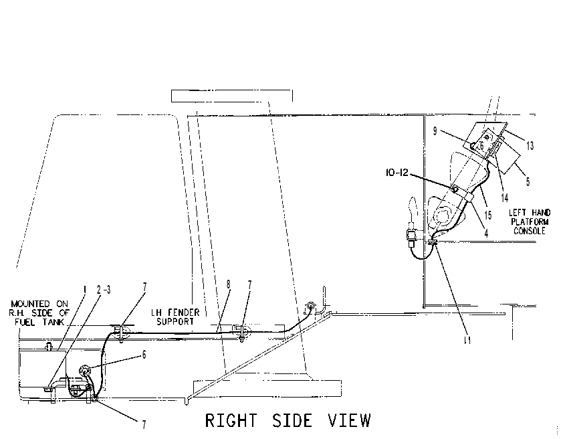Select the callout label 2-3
pos(104,290)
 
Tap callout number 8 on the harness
pos(229,284)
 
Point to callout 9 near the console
pos(435,131)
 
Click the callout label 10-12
pos(397,173)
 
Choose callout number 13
pos(530,146)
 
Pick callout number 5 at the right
pos(528,182)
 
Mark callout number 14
pos(504,197)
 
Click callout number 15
pos(487,215)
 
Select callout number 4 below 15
pos(486,233)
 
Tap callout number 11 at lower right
pos(467,340)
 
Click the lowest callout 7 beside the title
pos(144,425)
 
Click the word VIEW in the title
pos(349,421)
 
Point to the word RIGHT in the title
pos(231,421)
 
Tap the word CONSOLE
pos(530,231)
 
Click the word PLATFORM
pos(530,222)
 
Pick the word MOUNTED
pos(30,304)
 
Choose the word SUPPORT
pos(175,321)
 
